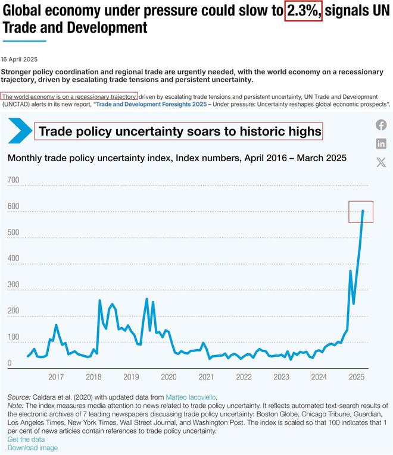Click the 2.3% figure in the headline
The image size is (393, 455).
pyautogui.click(x=303, y=11)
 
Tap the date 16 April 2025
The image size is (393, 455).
pyautogui.click(x=19, y=59)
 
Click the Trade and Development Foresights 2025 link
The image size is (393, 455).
pyautogui.click(x=151, y=104)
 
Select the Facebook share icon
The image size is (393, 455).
pyautogui.click(x=381, y=125)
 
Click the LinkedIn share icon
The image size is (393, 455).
pyautogui.click(x=381, y=144)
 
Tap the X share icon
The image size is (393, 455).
pyautogui.click(x=381, y=162)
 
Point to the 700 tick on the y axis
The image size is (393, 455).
pyautogui.click(x=13, y=180)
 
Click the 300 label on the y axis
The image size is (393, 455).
pyautogui.click(x=13, y=284)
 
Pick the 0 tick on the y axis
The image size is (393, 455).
pyautogui.click(x=10, y=363)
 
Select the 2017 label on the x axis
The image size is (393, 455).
pyautogui.click(x=56, y=377)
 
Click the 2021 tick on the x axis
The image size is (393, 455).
pyautogui.click(x=206, y=377)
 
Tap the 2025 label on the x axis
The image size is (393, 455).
pyautogui.click(x=357, y=377)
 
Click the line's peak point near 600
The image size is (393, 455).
pyautogui.click(x=363, y=211)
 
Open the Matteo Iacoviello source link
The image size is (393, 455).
pyautogui.click(x=191, y=397)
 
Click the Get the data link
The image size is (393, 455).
pyautogui.click(x=26, y=440)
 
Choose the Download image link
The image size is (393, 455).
pyautogui.click(x=33, y=448)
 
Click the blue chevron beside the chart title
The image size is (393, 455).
pyautogui.click(x=20, y=131)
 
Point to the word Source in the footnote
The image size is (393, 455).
pyautogui.click(x=18, y=397)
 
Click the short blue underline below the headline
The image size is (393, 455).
pyautogui.click(x=24, y=41)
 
